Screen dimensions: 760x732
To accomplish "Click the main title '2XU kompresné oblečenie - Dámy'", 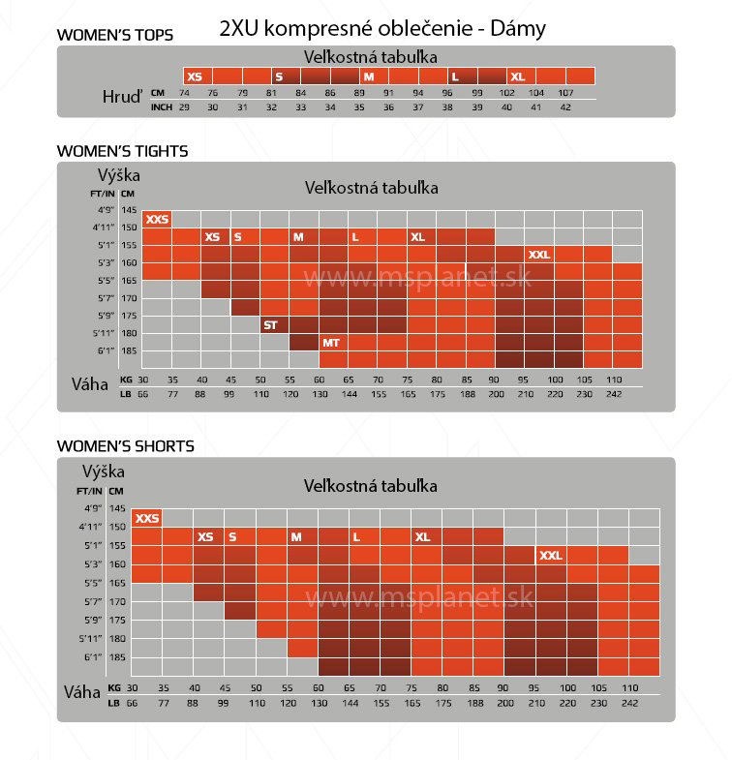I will click(382, 28).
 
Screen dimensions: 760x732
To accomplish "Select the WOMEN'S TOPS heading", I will click(115, 35).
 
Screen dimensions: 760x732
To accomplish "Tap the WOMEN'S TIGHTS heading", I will click(122, 151).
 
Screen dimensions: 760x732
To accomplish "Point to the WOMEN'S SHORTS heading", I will click(125, 446).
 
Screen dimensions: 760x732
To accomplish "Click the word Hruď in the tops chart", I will click(122, 97).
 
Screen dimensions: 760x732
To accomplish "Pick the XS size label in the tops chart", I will click(195, 76).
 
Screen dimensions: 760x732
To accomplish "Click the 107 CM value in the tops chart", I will click(566, 93).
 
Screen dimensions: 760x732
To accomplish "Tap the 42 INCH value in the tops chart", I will click(566, 107).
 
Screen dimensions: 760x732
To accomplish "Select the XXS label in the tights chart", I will click(156, 220).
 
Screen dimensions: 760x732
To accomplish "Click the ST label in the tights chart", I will click(270, 325).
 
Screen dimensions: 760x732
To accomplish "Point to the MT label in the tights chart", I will click(330, 343).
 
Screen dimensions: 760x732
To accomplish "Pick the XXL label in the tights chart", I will click(539, 255).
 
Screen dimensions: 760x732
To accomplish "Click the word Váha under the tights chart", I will click(90, 384).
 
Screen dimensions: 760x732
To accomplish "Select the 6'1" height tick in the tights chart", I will click(106, 350).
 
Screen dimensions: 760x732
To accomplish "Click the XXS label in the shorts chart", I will click(146, 519).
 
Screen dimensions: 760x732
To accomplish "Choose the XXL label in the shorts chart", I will click(550, 556).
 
